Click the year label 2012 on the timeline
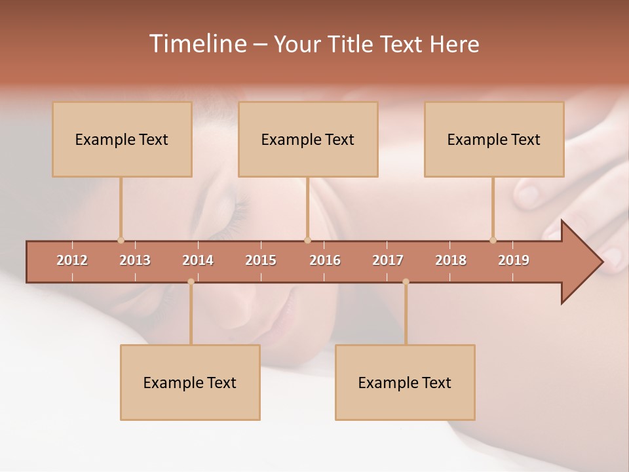(72, 260)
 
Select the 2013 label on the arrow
(135, 260)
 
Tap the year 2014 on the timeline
(198, 260)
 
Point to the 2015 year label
(261, 260)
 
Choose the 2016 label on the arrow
(325, 260)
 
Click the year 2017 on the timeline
(388, 260)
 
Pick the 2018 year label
(451, 260)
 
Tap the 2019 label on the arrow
(514, 260)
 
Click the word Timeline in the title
(197, 44)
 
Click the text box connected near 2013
(122, 139)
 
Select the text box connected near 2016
(308, 139)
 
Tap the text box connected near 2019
(494, 139)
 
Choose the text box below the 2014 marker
(190, 382)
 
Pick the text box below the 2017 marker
(405, 382)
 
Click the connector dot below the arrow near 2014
(191, 282)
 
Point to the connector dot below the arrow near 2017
(406, 282)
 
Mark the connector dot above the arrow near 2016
(307, 240)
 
